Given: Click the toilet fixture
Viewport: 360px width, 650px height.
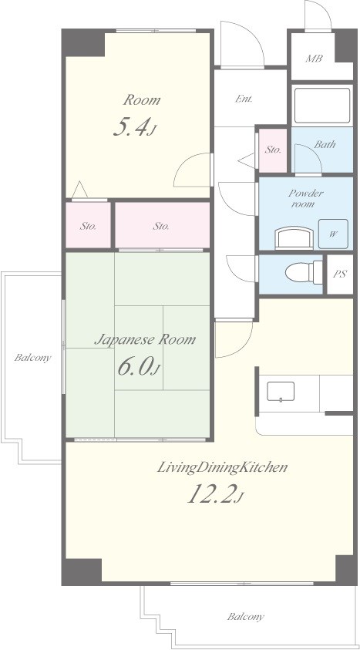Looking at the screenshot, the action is [304, 272].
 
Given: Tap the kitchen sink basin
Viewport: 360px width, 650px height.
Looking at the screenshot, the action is [281, 392].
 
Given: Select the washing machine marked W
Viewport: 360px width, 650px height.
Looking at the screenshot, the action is [333, 234].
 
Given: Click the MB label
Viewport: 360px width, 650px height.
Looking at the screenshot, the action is [314, 59].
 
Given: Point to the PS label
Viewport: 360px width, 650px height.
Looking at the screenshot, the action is [340, 274].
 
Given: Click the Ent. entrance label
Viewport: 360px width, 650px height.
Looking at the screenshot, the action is [244, 99].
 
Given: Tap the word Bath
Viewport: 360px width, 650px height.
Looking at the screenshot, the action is [325, 145].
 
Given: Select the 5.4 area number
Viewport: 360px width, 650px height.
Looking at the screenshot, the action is [134, 128].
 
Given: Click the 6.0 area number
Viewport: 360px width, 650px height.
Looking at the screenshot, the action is [138, 366].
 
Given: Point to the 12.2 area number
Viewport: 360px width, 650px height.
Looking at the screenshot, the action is [214, 494].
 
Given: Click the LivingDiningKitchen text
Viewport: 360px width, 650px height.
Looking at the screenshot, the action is [222, 467].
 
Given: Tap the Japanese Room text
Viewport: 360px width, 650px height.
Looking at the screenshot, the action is [145, 339].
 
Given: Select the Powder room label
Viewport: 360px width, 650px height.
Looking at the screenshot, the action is [306, 199].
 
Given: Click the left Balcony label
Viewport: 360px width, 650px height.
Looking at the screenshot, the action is [32, 357].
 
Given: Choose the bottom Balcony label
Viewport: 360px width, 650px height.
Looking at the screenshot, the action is [245, 617].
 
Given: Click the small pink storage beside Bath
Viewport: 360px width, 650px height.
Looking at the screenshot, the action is [273, 150].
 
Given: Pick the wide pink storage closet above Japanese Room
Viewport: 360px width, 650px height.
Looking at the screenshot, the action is [162, 225].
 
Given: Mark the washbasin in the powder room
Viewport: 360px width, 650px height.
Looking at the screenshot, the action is [294, 238].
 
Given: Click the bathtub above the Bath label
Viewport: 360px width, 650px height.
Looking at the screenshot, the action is [322, 106].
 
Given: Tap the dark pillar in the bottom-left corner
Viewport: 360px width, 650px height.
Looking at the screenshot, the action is [82, 571].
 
